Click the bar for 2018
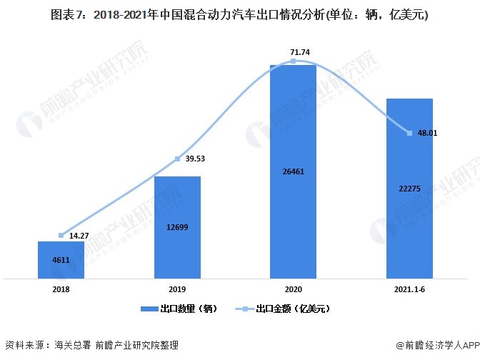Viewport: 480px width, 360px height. coord(61,260)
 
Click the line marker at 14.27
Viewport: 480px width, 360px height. coord(61,235)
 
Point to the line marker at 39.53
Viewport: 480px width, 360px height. coord(177,159)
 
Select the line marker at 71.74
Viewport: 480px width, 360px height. coord(293,61)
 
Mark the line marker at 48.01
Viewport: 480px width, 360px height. coord(409,133)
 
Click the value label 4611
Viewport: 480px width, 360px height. coord(61,261)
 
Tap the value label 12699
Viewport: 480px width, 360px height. coord(177,229)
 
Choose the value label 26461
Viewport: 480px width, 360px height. coord(293,171)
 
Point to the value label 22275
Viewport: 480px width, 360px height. coord(409,188)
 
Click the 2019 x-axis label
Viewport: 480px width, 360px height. coord(177,289)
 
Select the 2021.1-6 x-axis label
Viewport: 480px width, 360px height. coord(409,289)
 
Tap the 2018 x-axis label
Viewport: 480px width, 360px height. coord(61,289)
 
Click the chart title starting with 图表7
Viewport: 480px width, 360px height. coord(240,14)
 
